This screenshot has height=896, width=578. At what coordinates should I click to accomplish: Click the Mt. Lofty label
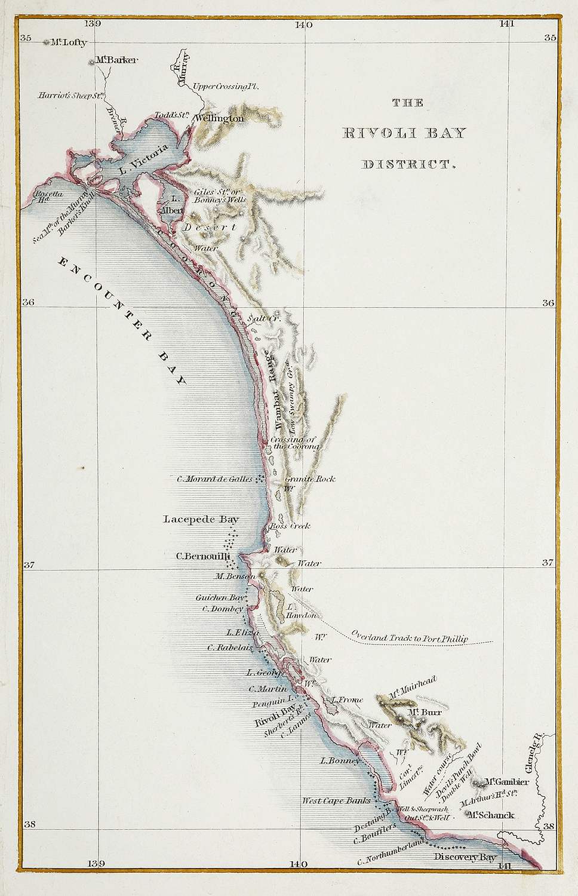pos(68,42)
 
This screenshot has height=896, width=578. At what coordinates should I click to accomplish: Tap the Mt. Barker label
pos(117,60)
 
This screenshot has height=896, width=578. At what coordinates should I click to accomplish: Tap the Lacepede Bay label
pos(201,519)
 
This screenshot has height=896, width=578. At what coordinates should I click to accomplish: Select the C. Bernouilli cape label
pos(203,556)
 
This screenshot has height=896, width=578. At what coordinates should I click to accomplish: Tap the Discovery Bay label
pos(465,857)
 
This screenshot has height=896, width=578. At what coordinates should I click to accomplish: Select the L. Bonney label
pos(340,760)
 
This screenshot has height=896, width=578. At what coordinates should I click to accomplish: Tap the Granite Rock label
pos(310,478)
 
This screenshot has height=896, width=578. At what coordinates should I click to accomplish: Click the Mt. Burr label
pos(425,712)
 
